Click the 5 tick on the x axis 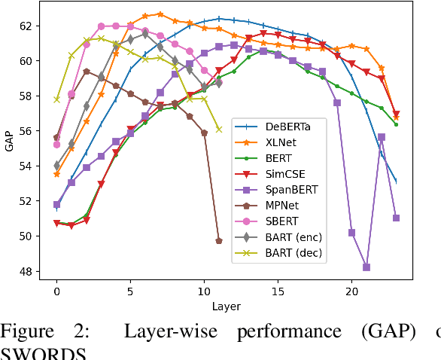130,291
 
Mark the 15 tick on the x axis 278,291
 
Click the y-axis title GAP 10,145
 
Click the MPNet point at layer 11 219,241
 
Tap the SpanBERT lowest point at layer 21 366,267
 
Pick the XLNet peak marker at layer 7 160,14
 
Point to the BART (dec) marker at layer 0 56,99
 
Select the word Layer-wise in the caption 165,332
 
